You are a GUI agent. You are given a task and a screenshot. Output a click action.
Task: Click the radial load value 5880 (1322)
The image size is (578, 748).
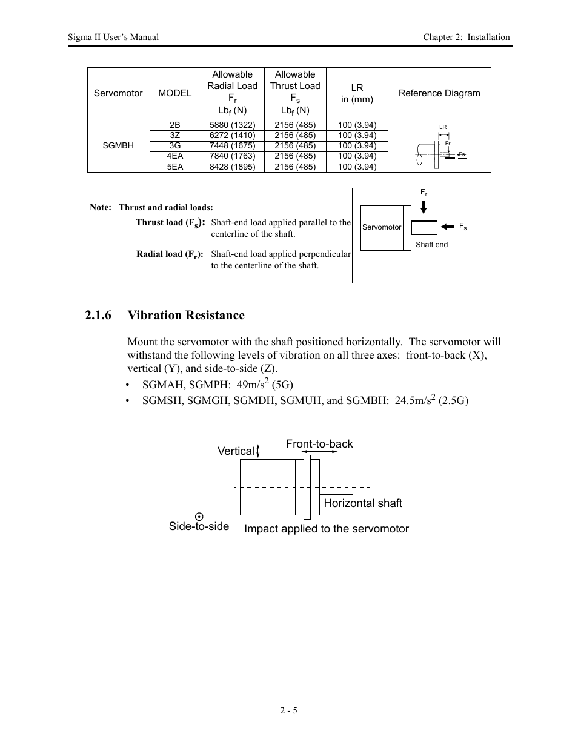232,125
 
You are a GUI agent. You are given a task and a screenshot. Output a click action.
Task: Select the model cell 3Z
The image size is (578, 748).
175,136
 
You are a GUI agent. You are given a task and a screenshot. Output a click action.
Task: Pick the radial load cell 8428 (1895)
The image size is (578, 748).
232,167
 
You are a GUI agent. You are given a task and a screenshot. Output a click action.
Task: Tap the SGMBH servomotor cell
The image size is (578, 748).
118,146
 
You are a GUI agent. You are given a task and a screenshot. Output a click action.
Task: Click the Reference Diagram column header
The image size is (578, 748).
439,93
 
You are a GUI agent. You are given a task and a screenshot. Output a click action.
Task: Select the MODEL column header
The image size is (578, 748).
174,93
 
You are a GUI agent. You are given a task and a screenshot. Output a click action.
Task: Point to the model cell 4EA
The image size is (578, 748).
175,156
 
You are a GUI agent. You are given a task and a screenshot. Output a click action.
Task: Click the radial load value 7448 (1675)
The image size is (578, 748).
232,146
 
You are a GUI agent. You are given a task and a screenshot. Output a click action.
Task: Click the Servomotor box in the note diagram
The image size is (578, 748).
382,227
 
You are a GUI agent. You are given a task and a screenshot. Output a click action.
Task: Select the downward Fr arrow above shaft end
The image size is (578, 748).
424,207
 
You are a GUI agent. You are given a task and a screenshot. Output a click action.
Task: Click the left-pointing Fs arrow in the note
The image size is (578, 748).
447,227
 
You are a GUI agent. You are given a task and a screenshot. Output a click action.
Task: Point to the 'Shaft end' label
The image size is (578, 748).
431,245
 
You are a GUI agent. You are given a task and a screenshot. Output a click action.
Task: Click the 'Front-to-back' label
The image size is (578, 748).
319,444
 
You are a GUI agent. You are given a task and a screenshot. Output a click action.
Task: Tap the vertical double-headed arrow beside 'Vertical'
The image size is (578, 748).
258,451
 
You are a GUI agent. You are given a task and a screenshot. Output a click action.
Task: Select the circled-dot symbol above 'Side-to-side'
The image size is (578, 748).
199,516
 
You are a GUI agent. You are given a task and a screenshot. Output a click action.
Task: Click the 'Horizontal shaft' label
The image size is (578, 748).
362,503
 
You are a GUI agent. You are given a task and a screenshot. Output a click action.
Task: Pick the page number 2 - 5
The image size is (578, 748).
288,710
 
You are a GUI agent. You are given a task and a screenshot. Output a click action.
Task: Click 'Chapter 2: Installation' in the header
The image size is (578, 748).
466,37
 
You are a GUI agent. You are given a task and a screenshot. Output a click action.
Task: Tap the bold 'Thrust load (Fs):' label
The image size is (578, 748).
170,223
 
